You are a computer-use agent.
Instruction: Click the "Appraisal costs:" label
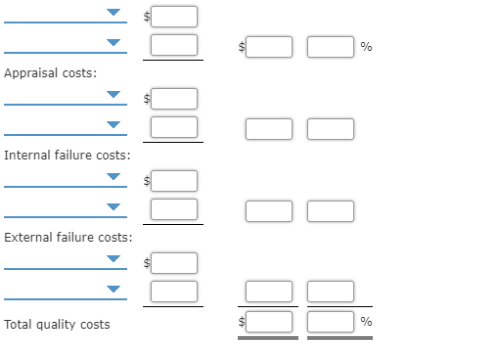pos(50,73)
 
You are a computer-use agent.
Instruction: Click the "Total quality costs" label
pos(57,324)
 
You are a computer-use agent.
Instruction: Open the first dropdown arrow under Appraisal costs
pos(115,96)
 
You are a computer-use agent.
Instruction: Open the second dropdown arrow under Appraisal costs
pos(115,125)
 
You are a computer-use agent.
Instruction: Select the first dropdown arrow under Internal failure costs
pos(115,178)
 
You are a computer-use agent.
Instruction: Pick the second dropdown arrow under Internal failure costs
pos(115,207)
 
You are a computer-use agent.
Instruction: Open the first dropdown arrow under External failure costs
pos(115,260)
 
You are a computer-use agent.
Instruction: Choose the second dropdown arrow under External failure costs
pos(115,290)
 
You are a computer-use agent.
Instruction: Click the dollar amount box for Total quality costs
pos(269,321)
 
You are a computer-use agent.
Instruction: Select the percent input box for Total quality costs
pos(331,321)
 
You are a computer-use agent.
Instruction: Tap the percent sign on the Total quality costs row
pos(366,322)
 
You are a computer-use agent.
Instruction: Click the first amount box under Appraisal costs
pos(174,98)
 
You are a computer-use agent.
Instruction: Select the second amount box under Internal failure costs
pos(174,209)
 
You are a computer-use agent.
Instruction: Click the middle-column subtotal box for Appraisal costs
pos(269,128)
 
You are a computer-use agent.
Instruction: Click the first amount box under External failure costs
pos(174,262)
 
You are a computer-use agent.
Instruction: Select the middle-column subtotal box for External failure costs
pos(269,292)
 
